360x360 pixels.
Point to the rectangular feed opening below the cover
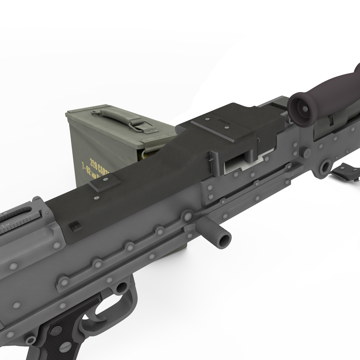pos(237,163)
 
